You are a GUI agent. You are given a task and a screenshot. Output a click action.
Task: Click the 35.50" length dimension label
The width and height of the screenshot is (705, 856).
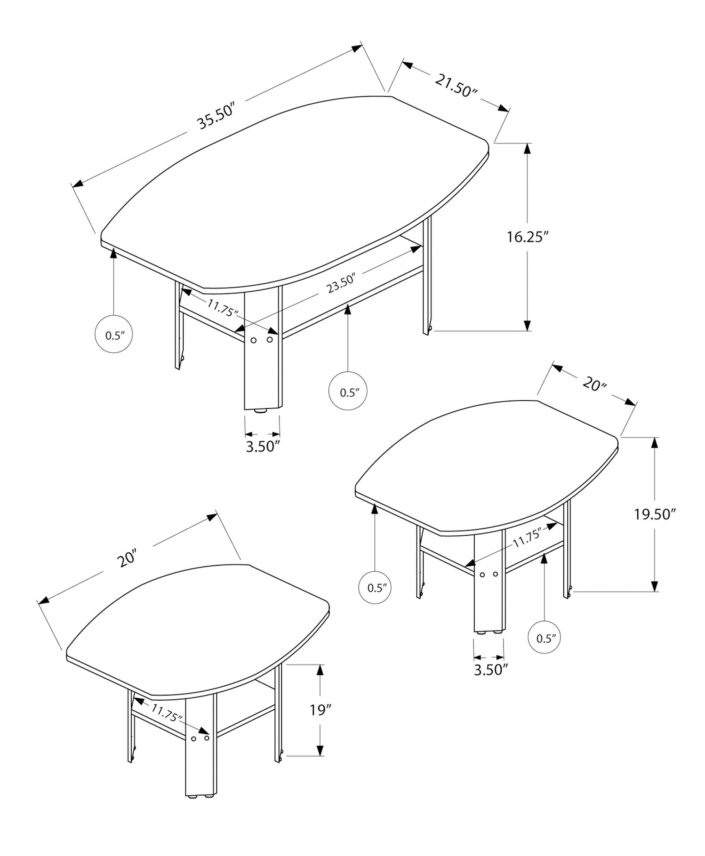coord(216,117)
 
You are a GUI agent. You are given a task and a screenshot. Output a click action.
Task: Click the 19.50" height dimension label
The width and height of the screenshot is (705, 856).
coord(655,514)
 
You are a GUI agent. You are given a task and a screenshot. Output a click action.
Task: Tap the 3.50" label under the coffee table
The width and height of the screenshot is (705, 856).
coord(263,447)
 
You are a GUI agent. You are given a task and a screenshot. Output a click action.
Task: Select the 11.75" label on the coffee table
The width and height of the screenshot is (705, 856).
coord(222,308)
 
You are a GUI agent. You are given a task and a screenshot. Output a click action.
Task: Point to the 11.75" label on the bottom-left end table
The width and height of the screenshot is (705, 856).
coord(167,712)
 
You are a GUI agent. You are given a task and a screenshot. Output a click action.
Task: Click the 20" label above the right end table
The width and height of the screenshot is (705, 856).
coord(594,383)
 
